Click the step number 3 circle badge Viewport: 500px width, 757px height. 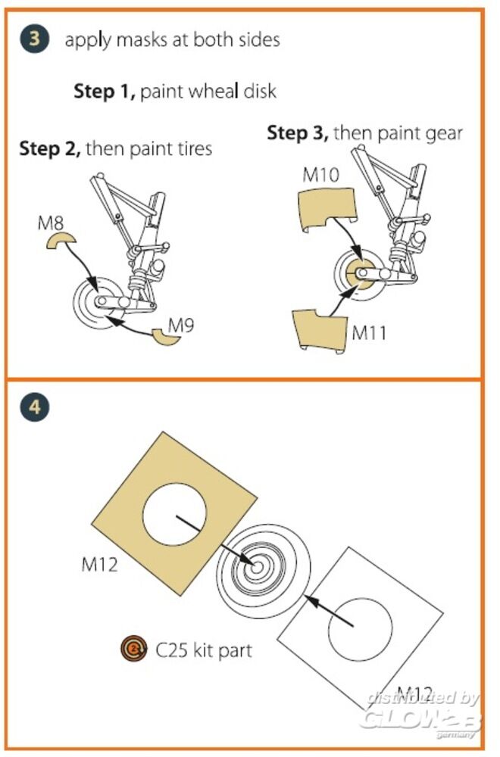33,38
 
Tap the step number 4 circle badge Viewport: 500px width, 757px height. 33,408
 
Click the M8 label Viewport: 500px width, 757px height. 51,223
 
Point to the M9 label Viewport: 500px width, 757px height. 182,326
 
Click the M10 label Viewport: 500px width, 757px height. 320,175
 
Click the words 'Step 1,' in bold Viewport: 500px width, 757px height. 105,92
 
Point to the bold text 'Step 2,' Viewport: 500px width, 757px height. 50,148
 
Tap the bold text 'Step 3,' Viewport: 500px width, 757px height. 298,133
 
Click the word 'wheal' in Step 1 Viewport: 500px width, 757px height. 209,92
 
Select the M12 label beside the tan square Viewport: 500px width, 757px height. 99,563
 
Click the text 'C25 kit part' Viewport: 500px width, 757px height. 204,649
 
